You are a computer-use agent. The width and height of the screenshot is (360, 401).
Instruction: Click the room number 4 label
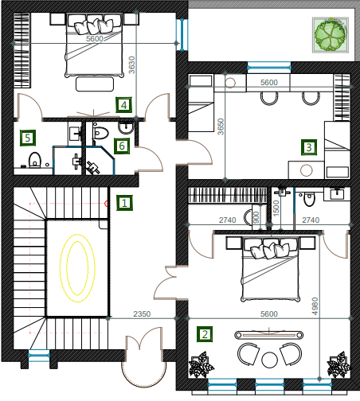[x=123, y=105]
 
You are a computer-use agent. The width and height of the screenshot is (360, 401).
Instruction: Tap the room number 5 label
[x=28, y=138]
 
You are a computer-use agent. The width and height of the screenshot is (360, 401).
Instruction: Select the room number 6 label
[x=122, y=146]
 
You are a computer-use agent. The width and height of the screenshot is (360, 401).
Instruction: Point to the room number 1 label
[x=124, y=203]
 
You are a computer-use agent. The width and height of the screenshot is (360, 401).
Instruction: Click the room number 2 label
[x=205, y=334]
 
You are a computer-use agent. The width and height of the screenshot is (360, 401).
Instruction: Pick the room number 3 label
[x=309, y=147]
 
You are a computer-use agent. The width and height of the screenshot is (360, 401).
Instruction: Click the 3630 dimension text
[x=132, y=65]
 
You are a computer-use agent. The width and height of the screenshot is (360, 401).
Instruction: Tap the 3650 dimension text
[x=221, y=127]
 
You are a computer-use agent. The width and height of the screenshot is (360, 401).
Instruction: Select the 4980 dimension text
[x=315, y=306]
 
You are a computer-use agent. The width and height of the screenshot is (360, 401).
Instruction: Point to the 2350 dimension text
[x=142, y=314]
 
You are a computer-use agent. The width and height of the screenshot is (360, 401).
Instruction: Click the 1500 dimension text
[x=276, y=208]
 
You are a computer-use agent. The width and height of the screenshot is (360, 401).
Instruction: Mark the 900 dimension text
[x=256, y=217]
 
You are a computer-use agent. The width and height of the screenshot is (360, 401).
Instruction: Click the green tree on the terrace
[x=330, y=35]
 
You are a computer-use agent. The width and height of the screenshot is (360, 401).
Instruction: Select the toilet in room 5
[x=35, y=160]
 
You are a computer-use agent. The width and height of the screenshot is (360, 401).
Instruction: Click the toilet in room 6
[x=100, y=133]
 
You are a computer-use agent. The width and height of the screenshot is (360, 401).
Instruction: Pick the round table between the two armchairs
[x=269, y=360]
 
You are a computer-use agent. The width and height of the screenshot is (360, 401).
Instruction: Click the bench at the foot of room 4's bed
[x=95, y=84]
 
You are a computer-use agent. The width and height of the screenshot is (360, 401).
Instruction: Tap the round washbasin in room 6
[x=126, y=128]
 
